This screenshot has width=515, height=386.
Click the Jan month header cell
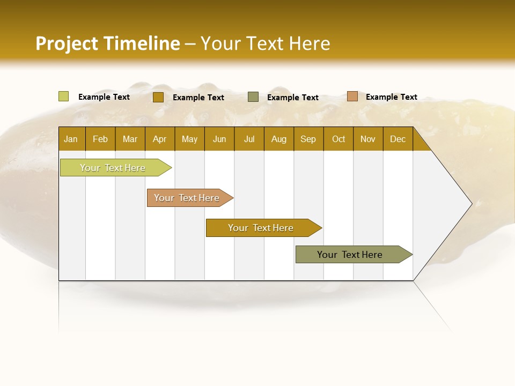[71, 139]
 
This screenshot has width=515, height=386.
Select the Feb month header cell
[100, 139]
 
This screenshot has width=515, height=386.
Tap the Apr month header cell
[160, 139]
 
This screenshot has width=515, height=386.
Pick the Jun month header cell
[219, 139]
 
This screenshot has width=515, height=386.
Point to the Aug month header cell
[279, 139]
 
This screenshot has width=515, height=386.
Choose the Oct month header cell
[339, 139]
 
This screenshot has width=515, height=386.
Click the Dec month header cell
[398, 139]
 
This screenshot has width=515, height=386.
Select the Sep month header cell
[308, 139]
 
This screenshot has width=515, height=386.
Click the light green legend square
[64, 96]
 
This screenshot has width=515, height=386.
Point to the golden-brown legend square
[158, 97]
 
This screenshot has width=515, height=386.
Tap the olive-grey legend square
[253, 97]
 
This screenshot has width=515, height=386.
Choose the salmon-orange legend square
[352, 96]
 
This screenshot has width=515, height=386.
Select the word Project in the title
[67, 43]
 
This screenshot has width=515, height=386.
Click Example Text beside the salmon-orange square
[391, 97]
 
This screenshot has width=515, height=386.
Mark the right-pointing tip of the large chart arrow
[471, 204]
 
